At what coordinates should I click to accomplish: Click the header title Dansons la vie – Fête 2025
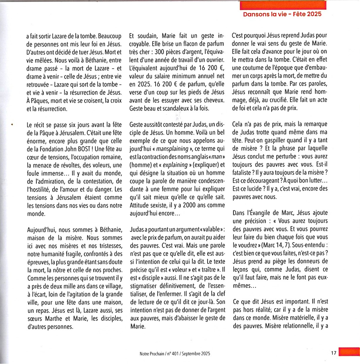(282, 14)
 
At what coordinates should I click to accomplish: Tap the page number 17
(334, 353)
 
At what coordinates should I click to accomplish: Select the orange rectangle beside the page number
(349, 352)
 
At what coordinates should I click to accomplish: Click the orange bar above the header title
(283, 5)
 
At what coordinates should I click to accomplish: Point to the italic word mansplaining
(172, 149)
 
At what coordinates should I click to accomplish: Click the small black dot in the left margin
(12, 125)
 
